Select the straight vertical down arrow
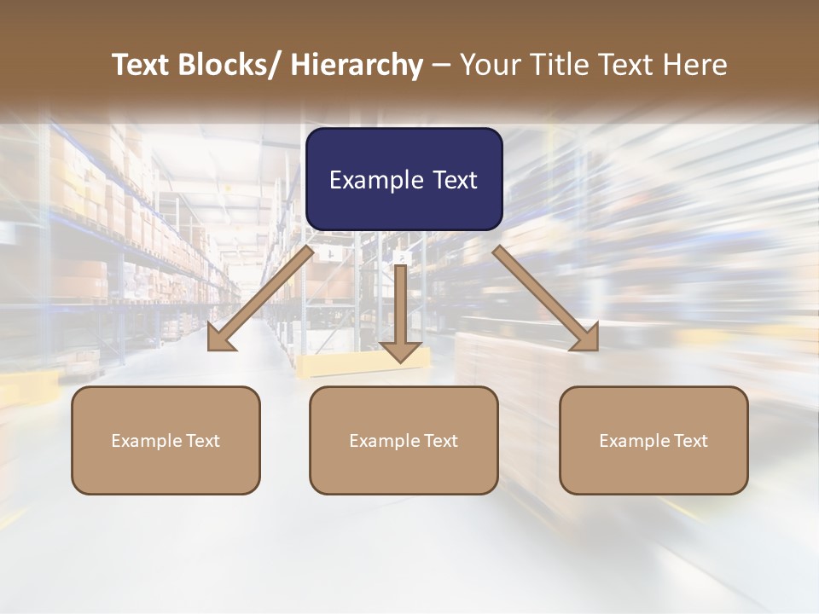(401, 311)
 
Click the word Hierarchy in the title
(357, 65)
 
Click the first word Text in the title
(143, 65)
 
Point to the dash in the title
(441, 65)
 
